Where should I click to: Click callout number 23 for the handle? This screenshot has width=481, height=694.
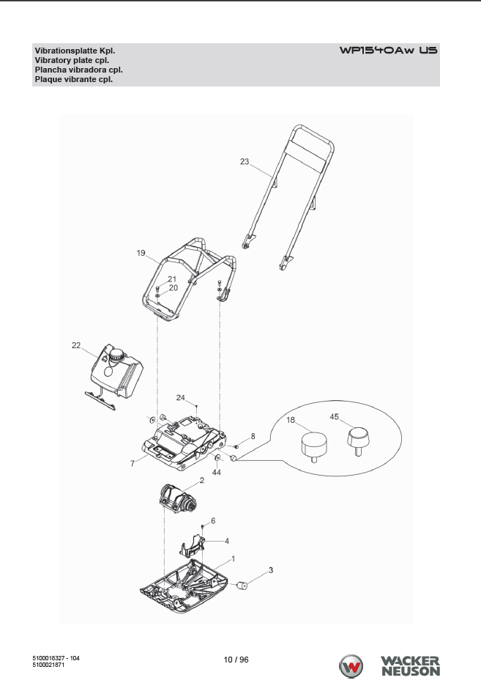point(245,161)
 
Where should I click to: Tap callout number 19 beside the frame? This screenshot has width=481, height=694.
point(141,253)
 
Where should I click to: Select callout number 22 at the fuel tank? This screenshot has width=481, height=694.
point(76,345)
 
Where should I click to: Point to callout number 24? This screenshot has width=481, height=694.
point(180,397)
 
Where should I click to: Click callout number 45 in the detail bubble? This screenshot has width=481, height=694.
point(335,416)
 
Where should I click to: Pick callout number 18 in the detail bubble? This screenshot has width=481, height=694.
point(291,420)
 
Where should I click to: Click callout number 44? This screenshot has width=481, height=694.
point(216,472)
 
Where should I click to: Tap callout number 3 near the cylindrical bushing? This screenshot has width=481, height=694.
point(271,570)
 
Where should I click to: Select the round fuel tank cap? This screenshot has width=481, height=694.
point(117,355)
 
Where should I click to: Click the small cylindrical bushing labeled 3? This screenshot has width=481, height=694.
point(242,586)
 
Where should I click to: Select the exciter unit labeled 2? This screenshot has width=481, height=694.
point(178,498)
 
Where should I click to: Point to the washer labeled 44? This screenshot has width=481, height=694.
point(217,457)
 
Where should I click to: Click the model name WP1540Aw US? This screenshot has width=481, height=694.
point(389,50)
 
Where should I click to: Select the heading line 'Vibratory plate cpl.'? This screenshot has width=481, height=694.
point(72,60)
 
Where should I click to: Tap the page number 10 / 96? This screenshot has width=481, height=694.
point(236,660)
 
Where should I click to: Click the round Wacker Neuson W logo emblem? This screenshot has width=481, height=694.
point(351,666)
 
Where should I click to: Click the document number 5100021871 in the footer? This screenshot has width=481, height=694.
point(48,665)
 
